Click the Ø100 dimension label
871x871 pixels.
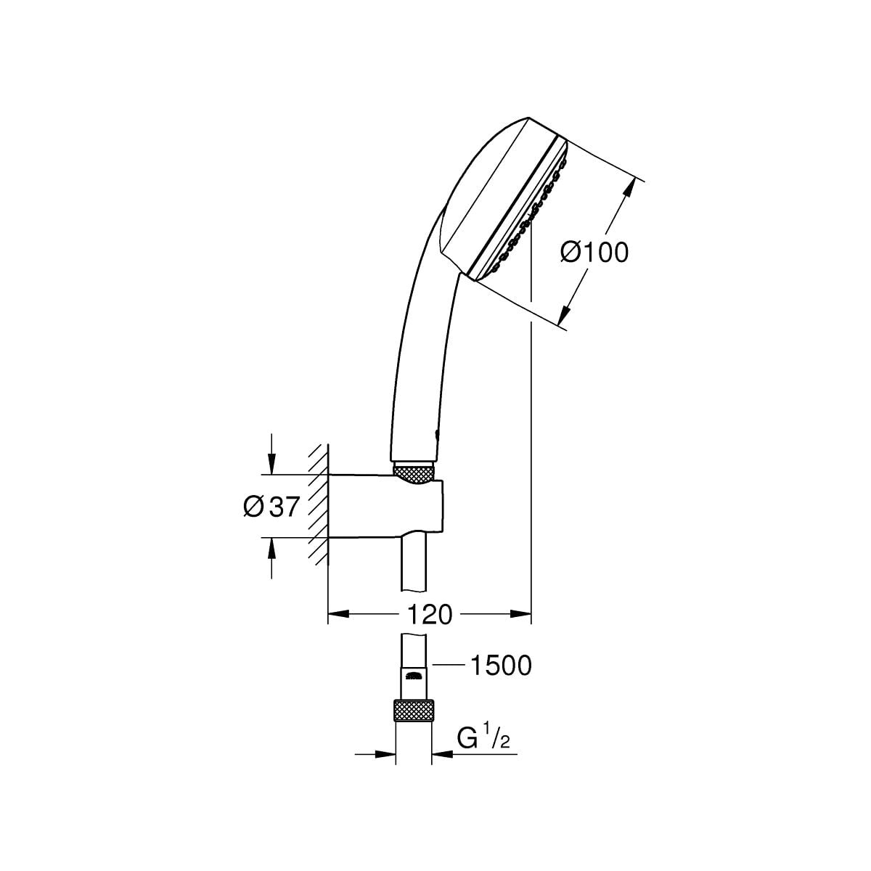pyautogui.click(x=594, y=252)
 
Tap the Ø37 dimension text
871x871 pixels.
pyautogui.click(x=271, y=506)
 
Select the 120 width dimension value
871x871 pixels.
pyautogui.click(x=430, y=614)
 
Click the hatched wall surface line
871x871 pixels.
pyautogui.click(x=327, y=505)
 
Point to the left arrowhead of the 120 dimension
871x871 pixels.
pyautogui.click(x=339, y=614)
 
